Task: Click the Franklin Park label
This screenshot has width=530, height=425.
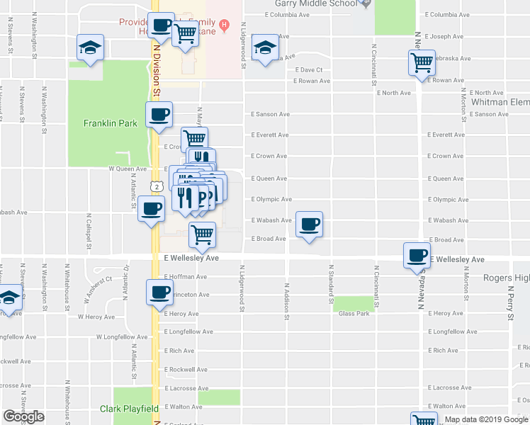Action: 110,123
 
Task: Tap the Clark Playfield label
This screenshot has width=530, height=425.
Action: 129,409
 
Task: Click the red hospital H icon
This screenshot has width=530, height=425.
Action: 225,27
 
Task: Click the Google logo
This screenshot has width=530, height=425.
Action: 23,416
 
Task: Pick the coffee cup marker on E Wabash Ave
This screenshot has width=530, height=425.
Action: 309,225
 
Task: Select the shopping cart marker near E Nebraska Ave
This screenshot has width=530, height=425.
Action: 422,62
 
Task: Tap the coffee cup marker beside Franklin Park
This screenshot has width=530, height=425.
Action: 159,114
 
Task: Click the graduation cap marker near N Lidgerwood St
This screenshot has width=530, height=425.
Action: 265,48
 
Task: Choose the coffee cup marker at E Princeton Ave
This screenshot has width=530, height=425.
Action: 159,291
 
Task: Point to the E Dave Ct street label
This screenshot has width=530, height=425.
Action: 308,70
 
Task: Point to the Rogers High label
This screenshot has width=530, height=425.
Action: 506,278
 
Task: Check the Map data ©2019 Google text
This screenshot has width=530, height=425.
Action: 485,419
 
